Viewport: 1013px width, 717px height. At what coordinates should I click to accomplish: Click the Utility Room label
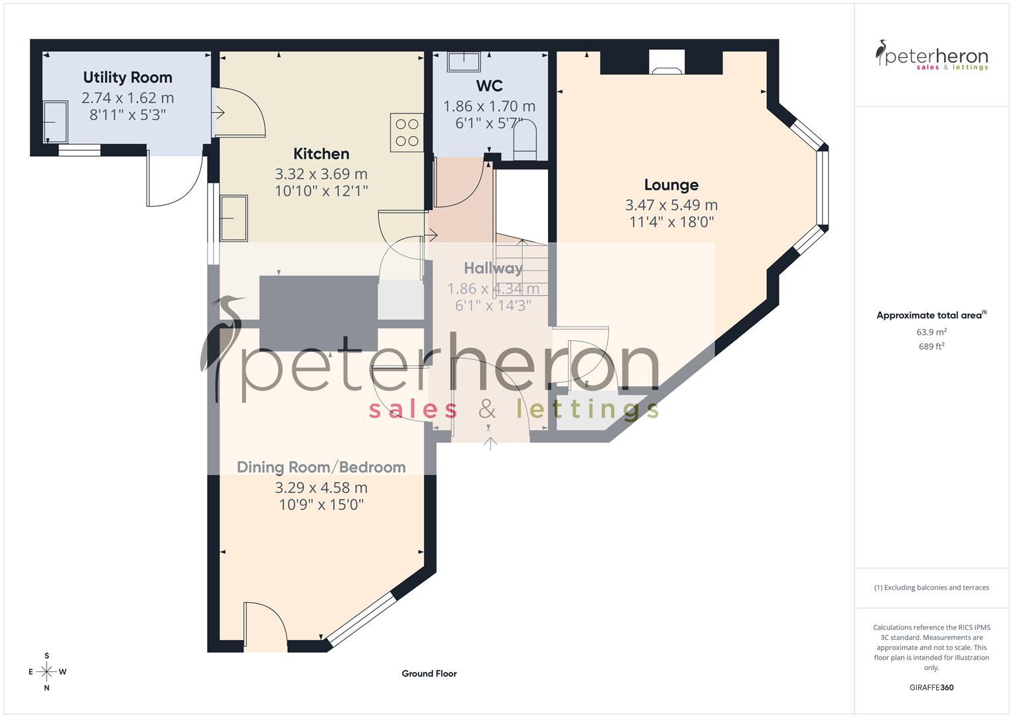click(x=127, y=78)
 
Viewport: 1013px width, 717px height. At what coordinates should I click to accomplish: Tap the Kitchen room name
click(x=321, y=154)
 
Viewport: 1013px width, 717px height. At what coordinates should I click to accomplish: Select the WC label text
click(x=489, y=86)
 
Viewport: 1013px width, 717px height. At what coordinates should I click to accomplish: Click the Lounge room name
click(x=671, y=185)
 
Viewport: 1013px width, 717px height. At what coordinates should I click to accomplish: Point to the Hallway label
click(x=493, y=268)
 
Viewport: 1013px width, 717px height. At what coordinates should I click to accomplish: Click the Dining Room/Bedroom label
click(x=321, y=467)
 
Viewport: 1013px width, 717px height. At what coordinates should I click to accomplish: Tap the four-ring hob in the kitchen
click(x=407, y=132)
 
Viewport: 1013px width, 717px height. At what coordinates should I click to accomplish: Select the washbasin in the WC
click(x=464, y=62)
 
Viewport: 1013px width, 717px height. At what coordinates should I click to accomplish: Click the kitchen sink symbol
click(x=234, y=218)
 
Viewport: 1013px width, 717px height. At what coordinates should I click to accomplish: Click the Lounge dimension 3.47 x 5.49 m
click(x=671, y=205)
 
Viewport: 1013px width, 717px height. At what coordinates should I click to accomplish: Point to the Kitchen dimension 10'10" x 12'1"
click(x=321, y=191)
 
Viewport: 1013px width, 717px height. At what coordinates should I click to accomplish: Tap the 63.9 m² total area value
click(x=931, y=332)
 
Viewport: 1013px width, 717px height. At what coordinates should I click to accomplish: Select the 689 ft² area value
click(x=931, y=347)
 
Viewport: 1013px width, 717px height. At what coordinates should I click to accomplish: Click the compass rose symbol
click(x=46, y=672)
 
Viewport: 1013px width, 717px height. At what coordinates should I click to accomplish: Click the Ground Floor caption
click(x=429, y=674)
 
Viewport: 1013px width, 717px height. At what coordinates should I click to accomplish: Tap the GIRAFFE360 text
click(x=931, y=688)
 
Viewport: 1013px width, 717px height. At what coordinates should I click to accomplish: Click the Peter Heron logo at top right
click(x=931, y=56)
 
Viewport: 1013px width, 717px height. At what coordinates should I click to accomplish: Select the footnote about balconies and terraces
click(x=931, y=588)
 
